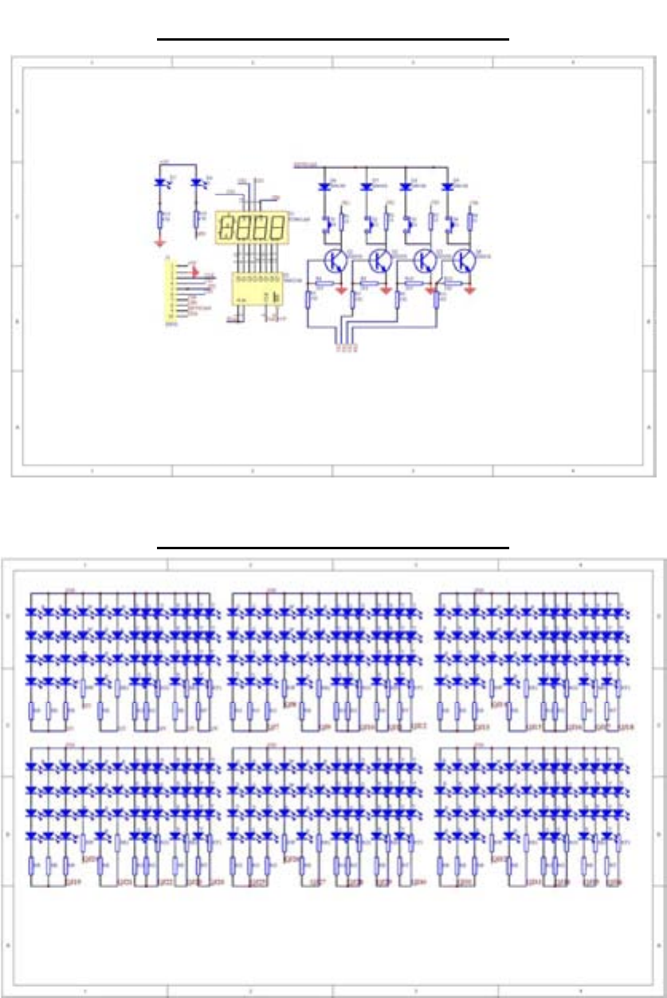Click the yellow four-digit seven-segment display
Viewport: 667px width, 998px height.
(251, 229)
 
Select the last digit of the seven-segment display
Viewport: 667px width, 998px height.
(277, 229)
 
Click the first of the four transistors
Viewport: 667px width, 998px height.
(337, 260)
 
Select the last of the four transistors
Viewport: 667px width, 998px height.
(464, 260)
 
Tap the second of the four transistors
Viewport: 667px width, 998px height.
(381, 260)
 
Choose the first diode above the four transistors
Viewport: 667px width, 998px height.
(324, 187)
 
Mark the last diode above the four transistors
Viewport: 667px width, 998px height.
(447, 187)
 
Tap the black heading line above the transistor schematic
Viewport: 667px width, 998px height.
(332, 37)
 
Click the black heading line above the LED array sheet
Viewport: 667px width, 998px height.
(332, 548)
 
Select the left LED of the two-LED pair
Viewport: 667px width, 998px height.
(160, 183)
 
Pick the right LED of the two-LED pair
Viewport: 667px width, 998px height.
(197, 183)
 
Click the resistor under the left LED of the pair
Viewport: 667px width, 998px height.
(160, 218)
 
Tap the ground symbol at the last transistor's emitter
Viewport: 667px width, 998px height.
(470, 291)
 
